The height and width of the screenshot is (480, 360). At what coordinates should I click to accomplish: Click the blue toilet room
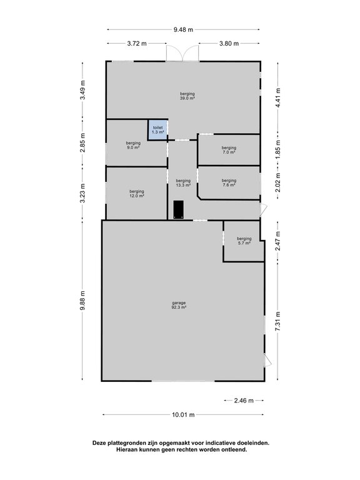(158, 130)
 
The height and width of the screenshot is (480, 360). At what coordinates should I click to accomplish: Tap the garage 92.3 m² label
(179, 305)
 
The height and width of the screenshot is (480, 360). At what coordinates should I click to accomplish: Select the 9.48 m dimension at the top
(183, 30)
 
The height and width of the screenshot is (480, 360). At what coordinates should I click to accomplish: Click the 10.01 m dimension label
(183, 415)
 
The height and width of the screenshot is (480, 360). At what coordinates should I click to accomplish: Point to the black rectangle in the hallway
(179, 210)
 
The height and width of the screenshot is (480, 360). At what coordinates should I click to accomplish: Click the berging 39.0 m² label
(187, 96)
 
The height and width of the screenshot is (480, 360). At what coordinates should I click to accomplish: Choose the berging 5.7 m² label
(244, 241)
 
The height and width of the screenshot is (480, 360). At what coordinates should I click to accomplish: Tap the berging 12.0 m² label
(136, 194)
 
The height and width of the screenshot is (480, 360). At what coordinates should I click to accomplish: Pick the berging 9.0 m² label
(133, 145)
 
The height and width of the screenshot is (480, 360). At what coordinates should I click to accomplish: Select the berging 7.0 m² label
(229, 150)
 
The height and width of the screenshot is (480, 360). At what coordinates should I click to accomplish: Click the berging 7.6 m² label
(229, 182)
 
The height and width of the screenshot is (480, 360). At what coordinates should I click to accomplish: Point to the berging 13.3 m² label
(183, 182)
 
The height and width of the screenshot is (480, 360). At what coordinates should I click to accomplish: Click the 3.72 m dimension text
(137, 44)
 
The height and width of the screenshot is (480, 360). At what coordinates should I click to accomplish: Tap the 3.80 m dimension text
(229, 44)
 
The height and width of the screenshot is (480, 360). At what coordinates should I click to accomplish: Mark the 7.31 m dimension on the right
(277, 321)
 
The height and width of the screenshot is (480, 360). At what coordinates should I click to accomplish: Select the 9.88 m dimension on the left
(82, 300)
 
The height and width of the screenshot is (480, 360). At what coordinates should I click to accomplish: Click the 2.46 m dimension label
(244, 401)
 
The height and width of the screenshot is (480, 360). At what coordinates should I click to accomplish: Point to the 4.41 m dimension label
(277, 97)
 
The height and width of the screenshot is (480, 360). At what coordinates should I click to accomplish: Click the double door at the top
(182, 53)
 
